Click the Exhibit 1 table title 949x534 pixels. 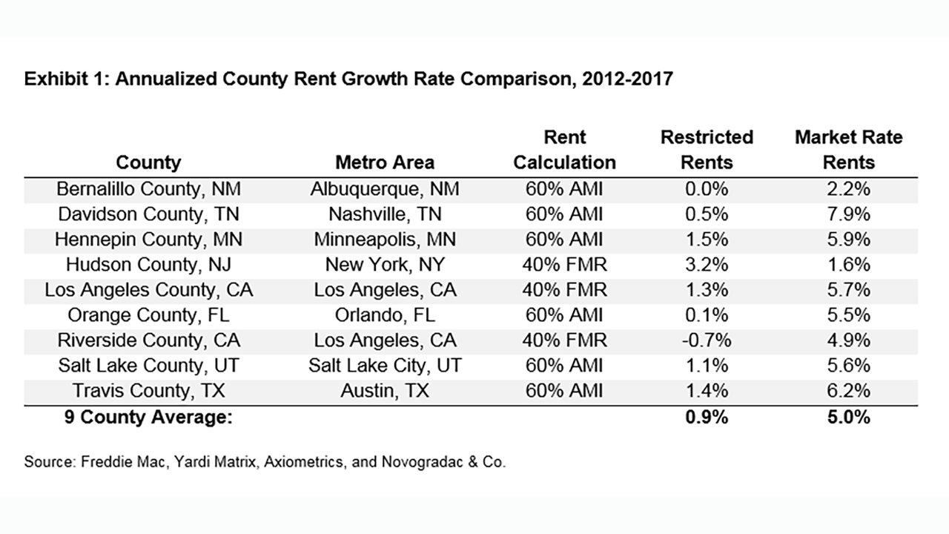(x=348, y=79)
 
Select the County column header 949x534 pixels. (x=148, y=162)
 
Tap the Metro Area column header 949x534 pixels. (x=385, y=162)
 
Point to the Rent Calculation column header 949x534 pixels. (x=565, y=150)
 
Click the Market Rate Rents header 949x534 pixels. (x=849, y=150)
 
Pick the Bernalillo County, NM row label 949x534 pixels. (x=148, y=189)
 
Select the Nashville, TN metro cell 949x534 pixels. (x=385, y=214)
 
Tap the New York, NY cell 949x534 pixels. (x=385, y=265)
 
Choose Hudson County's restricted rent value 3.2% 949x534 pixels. (x=707, y=265)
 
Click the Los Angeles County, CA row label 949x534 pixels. (x=148, y=290)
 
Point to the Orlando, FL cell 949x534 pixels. (x=385, y=315)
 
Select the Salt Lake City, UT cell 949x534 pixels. (x=385, y=366)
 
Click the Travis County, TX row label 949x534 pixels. (x=148, y=391)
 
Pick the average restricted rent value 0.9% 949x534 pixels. (x=707, y=418)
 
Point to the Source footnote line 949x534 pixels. (x=265, y=462)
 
